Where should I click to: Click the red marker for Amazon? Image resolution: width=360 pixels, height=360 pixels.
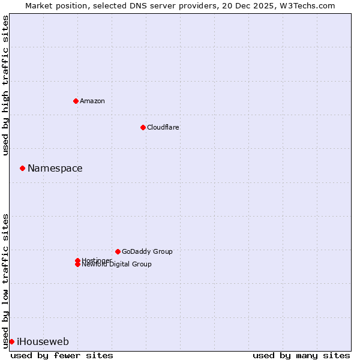76,101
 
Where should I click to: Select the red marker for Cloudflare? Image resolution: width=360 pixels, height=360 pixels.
143,127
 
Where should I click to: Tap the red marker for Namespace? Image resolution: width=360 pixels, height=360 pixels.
22,168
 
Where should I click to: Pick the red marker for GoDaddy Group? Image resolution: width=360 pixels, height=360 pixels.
118,251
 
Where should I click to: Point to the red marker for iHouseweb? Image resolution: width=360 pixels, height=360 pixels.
11,341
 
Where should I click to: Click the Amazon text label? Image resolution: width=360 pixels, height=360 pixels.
92,101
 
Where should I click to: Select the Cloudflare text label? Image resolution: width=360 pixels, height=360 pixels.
163,127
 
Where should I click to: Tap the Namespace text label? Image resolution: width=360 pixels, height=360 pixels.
55,169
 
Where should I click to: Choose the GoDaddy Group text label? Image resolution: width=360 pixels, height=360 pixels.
147,251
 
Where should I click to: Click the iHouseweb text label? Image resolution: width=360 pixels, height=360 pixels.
43,342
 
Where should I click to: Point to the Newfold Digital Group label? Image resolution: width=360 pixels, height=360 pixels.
117,265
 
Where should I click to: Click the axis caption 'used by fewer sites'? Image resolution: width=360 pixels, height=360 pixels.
62,355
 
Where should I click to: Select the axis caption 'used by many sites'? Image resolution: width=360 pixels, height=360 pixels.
301,355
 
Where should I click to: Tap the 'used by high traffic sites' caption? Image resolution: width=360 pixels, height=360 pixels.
5,85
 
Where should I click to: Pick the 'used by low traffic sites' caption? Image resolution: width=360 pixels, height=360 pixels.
5,281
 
